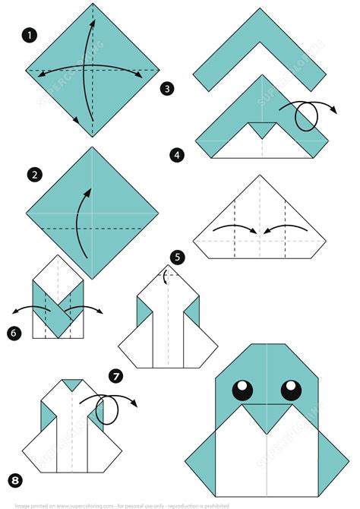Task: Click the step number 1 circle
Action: pos(30,35)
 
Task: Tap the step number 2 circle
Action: pos(34,175)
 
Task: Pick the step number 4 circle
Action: pos(177,155)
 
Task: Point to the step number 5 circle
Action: pos(178,257)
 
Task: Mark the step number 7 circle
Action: pos(115,375)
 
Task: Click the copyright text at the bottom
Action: pos(179,504)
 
